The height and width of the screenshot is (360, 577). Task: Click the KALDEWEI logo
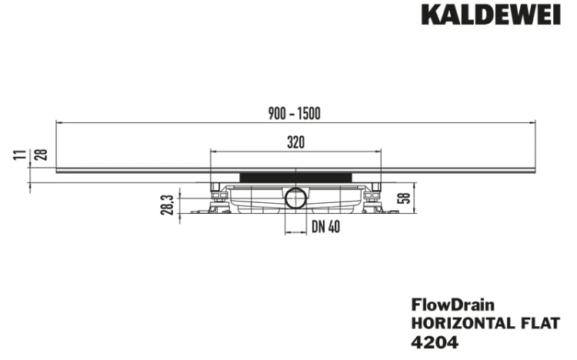click(491, 15)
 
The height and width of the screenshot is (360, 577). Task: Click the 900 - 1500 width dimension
click(295, 113)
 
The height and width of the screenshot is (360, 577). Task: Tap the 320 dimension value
click(296, 142)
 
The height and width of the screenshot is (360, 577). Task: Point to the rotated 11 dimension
click(21, 155)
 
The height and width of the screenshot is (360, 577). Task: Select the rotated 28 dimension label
click(41, 155)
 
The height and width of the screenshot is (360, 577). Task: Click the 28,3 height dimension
click(168, 205)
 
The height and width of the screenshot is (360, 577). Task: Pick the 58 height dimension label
click(404, 198)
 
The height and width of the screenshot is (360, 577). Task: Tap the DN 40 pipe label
click(325, 227)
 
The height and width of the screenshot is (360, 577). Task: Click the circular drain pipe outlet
click(295, 198)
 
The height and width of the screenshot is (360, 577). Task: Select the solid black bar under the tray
click(296, 178)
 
